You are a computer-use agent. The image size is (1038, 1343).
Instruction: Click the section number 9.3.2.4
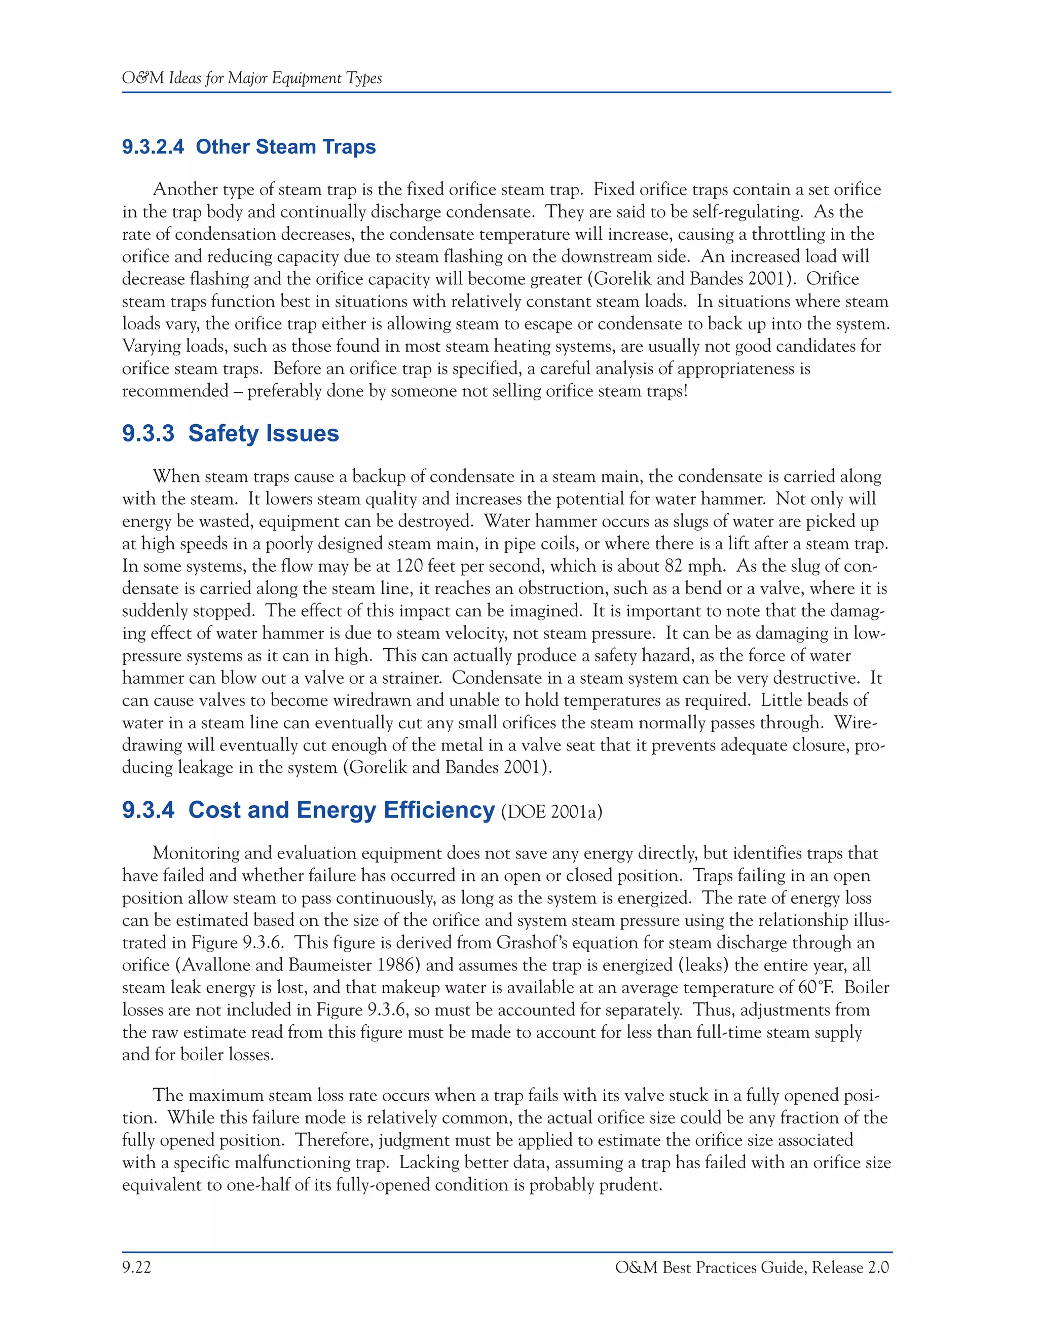pyautogui.click(x=153, y=147)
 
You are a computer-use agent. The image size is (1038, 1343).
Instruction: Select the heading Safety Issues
pyautogui.click(x=263, y=433)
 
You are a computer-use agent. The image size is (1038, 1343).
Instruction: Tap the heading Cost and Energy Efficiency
pyautogui.click(x=341, y=810)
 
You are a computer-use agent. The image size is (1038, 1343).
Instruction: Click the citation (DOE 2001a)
pyautogui.click(x=551, y=812)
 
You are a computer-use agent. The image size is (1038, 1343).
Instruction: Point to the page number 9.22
pyautogui.click(x=136, y=1267)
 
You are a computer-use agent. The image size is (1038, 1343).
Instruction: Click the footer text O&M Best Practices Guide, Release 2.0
pyautogui.click(x=752, y=1267)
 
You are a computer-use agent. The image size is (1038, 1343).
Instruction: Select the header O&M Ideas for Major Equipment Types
pyautogui.click(x=252, y=78)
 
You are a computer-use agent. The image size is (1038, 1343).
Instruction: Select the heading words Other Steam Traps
pyautogui.click(x=285, y=147)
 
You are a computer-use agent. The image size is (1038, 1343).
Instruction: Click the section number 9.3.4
pyautogui.click(x=148, y=810)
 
